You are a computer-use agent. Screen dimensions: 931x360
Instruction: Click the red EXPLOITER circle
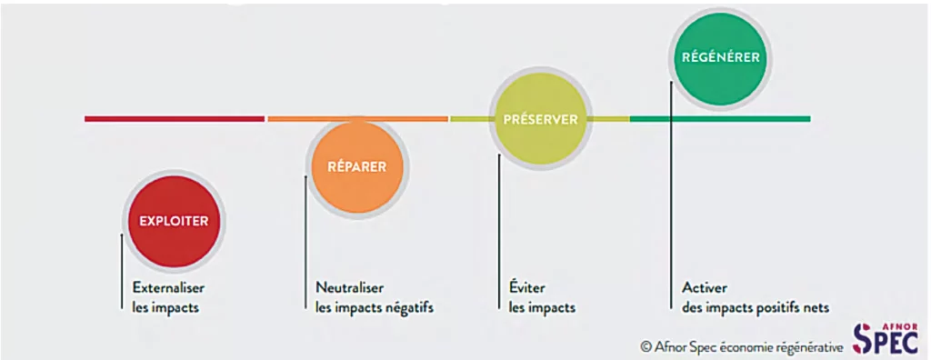pyautogui.click(x=173, y=220)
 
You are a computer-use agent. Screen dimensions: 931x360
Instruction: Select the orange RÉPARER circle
pyautogui.click(x=356, y=166)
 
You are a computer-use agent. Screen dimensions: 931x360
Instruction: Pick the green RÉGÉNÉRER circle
pyautogui.click(x=720, y=56)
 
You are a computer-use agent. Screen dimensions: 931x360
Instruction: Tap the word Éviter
pyautogui.click(x=528, y=287)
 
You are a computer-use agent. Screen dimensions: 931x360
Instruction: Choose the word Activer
pyautogui.click(x=705, y=287)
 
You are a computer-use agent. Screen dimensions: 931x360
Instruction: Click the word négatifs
pyautogui.click(x=409, y=307)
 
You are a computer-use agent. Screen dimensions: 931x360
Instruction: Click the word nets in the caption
pyautogui.click(x=816, y=307)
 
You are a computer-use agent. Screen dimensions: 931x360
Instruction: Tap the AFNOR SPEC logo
pyautogui.click(x=886, y=338)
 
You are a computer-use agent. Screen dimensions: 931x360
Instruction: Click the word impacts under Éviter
pyautogui.click(x=554, y=307)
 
